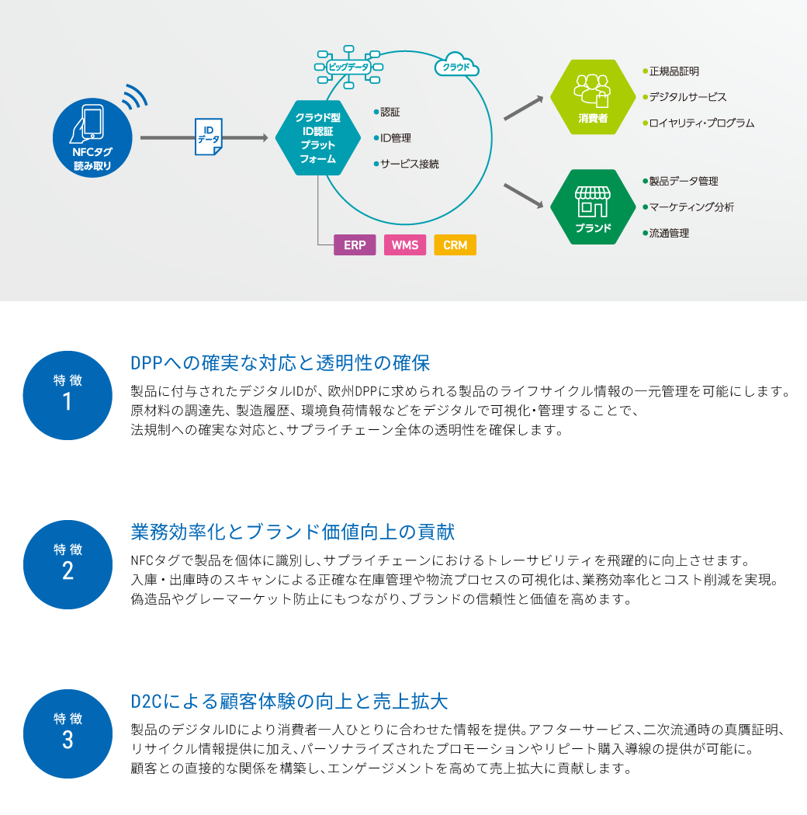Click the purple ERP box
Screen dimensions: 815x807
click(355, 245)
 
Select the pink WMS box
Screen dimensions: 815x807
click(405, 245)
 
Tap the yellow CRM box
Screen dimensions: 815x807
click(455, 245)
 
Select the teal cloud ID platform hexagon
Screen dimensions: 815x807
click(318, 138)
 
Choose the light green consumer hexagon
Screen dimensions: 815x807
click(593, 97)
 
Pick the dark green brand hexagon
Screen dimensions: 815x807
click(593, 207)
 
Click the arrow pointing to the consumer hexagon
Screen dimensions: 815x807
click(524, 108)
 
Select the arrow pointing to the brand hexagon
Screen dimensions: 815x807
click(524, 196)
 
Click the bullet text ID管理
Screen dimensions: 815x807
click(395, 138)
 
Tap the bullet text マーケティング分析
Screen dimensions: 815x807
click(691, 207)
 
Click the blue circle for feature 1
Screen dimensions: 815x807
click(68, 395)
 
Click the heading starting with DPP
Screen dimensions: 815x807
click(280, 363)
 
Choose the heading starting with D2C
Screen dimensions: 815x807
click(289, 702)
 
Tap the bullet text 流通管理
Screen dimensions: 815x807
click(669, 233)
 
